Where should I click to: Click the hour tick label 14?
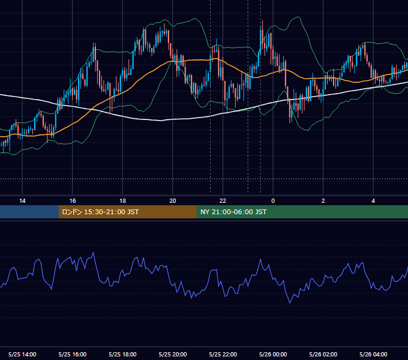point(22,201)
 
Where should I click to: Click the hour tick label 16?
point(73,201)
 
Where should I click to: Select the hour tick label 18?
point(122,201)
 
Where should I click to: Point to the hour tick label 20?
point(173,201)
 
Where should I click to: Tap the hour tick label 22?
point(223,201)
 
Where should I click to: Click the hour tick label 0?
point(273,201)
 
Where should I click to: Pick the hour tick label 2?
point(323,201)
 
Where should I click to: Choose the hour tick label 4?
point(373,201)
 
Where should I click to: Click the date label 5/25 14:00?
point(22,354)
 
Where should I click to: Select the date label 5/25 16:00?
point(73,354)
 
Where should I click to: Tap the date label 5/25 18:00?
point(122,354)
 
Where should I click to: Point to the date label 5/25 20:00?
point(173,354)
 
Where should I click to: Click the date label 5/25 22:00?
point(223,354)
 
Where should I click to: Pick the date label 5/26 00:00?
point(273,354)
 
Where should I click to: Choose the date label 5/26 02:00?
point(323,354)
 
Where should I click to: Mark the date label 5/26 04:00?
point(373,354)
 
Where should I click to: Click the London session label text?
point(100,212)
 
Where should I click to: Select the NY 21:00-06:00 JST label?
point(233,212)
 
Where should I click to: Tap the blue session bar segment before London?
point(29,212)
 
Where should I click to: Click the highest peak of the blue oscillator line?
point(94,252)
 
